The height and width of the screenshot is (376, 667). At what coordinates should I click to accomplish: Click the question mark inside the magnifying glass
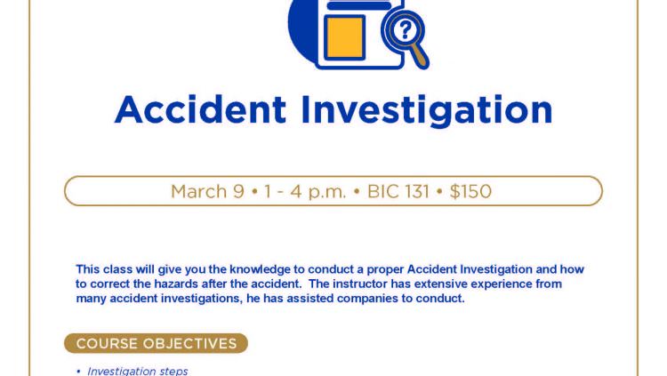pyautogui.click(x=405, y=29)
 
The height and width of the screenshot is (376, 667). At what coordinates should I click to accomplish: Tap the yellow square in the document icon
pyautogui.click(x=344, y=37)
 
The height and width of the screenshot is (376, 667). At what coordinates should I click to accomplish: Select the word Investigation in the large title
pyautogui.click(x=427, y=110)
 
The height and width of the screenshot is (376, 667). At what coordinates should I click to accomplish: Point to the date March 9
pyautogui.click(x=207, y=191)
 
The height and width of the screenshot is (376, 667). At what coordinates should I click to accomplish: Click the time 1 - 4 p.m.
pyautogui.click(x=305, y=192)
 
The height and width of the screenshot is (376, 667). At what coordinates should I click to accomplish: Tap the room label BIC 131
pyautogui.click(x=398, y=191)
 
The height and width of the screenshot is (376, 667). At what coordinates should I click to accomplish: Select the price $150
pyautogui.click(x=470, y=191)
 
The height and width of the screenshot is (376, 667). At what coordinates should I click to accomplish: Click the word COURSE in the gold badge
pyautogui.click(x=107, y=344)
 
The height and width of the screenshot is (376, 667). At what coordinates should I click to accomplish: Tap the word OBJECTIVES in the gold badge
pyautogui.click(x=189, y=344)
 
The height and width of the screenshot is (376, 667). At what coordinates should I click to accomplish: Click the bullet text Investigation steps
pyautogui.click(x=137, y=371)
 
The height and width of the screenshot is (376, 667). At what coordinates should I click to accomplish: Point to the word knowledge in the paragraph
pyautogui.click(x=260, y=269)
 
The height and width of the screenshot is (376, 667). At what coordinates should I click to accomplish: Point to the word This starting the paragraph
pyautogui.click(x=88, y=269)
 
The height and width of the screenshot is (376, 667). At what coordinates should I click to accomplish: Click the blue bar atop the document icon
pyautogui.click(x=359, y=5)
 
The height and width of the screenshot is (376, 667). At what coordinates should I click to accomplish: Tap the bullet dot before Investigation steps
pyautogui.click(x=78, y=372)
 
